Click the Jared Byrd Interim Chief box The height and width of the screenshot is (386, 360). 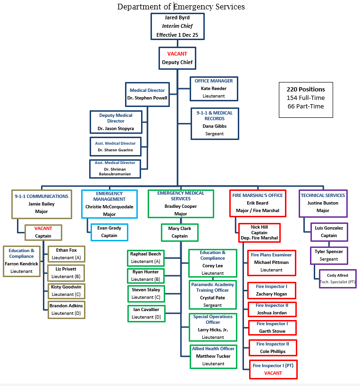[177, 26]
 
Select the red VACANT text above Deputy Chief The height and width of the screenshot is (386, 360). [177, 54]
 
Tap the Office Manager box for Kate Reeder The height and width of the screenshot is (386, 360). [214, 88]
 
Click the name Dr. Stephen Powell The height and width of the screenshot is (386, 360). [147, 98]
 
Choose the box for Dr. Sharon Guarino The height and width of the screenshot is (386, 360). [116, 147]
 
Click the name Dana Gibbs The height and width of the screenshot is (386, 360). [215, 126]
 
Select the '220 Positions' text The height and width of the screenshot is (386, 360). [306, 89]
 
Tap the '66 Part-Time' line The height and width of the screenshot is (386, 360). [306, 106]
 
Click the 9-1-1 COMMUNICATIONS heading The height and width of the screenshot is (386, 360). [42, 196]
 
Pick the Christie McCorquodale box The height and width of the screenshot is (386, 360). [109, 203]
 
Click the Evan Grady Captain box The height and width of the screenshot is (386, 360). [109, 232]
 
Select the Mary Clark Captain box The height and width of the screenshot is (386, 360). [179, 232]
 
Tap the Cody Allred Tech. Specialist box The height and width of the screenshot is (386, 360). [337, 278]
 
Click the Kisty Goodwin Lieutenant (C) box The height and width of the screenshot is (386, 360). [66, 290]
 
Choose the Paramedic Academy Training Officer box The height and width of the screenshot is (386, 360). [212, 295]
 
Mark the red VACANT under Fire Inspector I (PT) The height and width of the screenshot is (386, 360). [273, 373]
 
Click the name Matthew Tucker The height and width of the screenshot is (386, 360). [213, 356]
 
